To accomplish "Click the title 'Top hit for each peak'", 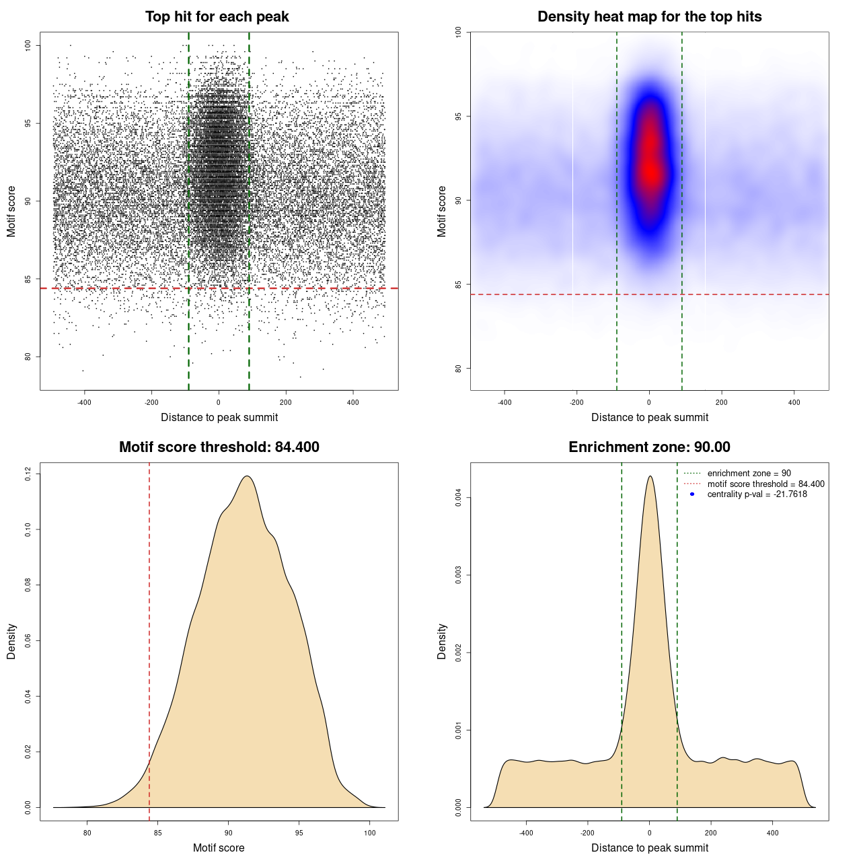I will (217, 17).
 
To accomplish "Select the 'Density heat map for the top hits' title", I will (649, 17).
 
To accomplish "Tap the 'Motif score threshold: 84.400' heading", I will (219, 447).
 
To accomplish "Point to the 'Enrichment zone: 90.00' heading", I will (649, 447).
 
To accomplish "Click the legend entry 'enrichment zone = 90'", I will (749, 474).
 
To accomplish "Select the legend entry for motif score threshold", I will (765, 484).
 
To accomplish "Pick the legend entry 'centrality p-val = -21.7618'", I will (757, 494).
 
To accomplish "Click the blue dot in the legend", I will (692, 494).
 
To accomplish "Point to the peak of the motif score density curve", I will (248, 476).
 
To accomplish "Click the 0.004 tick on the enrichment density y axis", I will (458, 498).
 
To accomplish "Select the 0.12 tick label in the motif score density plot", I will (28, 474).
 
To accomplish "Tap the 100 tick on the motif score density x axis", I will (370, 833).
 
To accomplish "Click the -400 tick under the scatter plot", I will (84, 403).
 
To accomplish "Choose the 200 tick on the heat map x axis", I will (722, 403).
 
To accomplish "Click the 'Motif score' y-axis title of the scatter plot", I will (11, 211).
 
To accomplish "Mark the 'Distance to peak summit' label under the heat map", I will (649, 418).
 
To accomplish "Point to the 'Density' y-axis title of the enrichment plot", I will (442, 641).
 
